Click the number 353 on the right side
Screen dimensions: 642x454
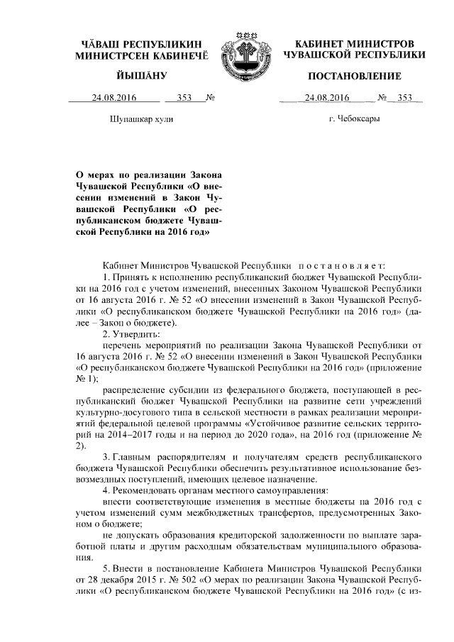coord(405,98)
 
